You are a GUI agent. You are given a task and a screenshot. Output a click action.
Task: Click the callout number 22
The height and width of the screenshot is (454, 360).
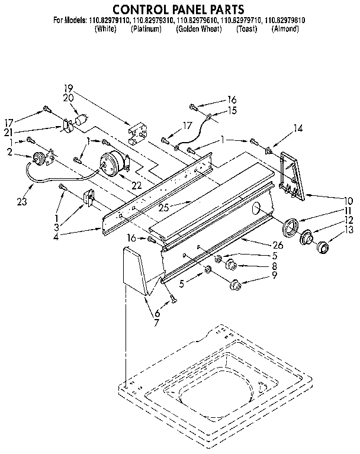pos(137,185)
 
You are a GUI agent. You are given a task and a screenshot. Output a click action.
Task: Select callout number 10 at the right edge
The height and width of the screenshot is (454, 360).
pos(348,200)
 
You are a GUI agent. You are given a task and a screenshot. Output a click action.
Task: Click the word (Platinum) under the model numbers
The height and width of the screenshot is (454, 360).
pos(146,28)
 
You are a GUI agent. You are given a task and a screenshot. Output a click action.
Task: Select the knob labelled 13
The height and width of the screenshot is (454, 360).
pos(323,247)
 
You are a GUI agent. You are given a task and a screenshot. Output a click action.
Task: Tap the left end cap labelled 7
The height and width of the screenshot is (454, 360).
pos(134,272)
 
